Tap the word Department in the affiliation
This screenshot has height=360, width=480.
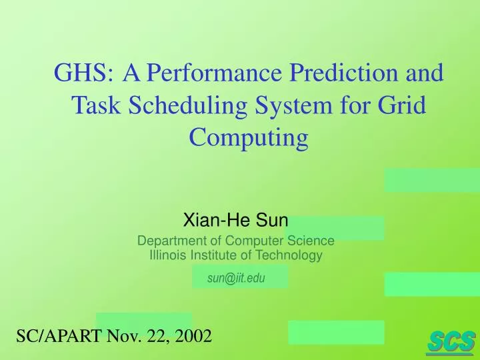coord(169,241)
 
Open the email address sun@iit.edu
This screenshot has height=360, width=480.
coord(235,278)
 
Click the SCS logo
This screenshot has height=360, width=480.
coord(451,341)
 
